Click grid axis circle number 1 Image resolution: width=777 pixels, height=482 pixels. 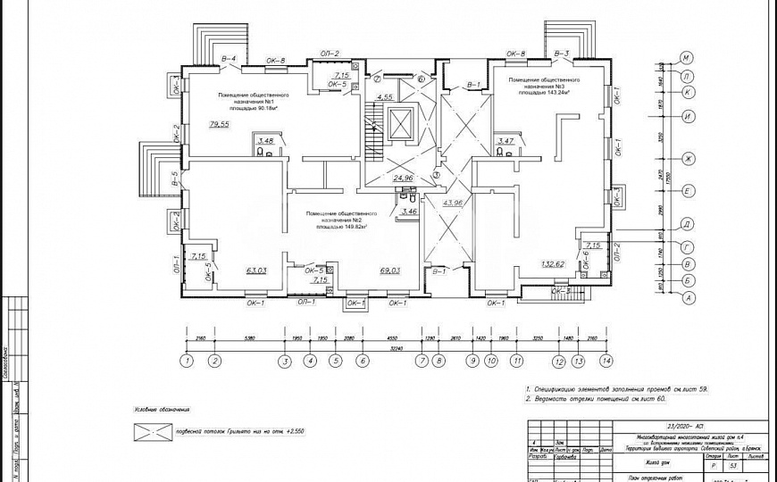tap(186, 361)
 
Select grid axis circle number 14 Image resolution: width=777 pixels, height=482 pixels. tap(607, 361)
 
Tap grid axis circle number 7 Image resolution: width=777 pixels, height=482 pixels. tap(421, 361)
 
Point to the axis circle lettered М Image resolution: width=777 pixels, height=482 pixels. tap(688, 58)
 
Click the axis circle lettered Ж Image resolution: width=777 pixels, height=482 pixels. tap(688, 159)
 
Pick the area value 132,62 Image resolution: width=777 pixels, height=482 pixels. tap(552, 264)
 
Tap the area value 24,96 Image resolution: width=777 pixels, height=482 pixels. tap(403, 178)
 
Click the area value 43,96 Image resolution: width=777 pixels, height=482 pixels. tap(454, 204)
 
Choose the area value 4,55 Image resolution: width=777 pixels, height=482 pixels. tap(385, 96)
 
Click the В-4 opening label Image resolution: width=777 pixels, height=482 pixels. tap(228, 58)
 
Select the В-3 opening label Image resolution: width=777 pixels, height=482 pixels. tap(562, 54)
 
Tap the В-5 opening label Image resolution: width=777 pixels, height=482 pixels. tap(176, 179)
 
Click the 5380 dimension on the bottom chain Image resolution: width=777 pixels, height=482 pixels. tap(249, 339)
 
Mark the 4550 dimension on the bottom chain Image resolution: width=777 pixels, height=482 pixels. tap(391, 339)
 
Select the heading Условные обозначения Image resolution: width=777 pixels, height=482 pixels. tap(162, 409)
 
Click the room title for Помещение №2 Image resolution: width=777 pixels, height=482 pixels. tap(339, 220)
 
